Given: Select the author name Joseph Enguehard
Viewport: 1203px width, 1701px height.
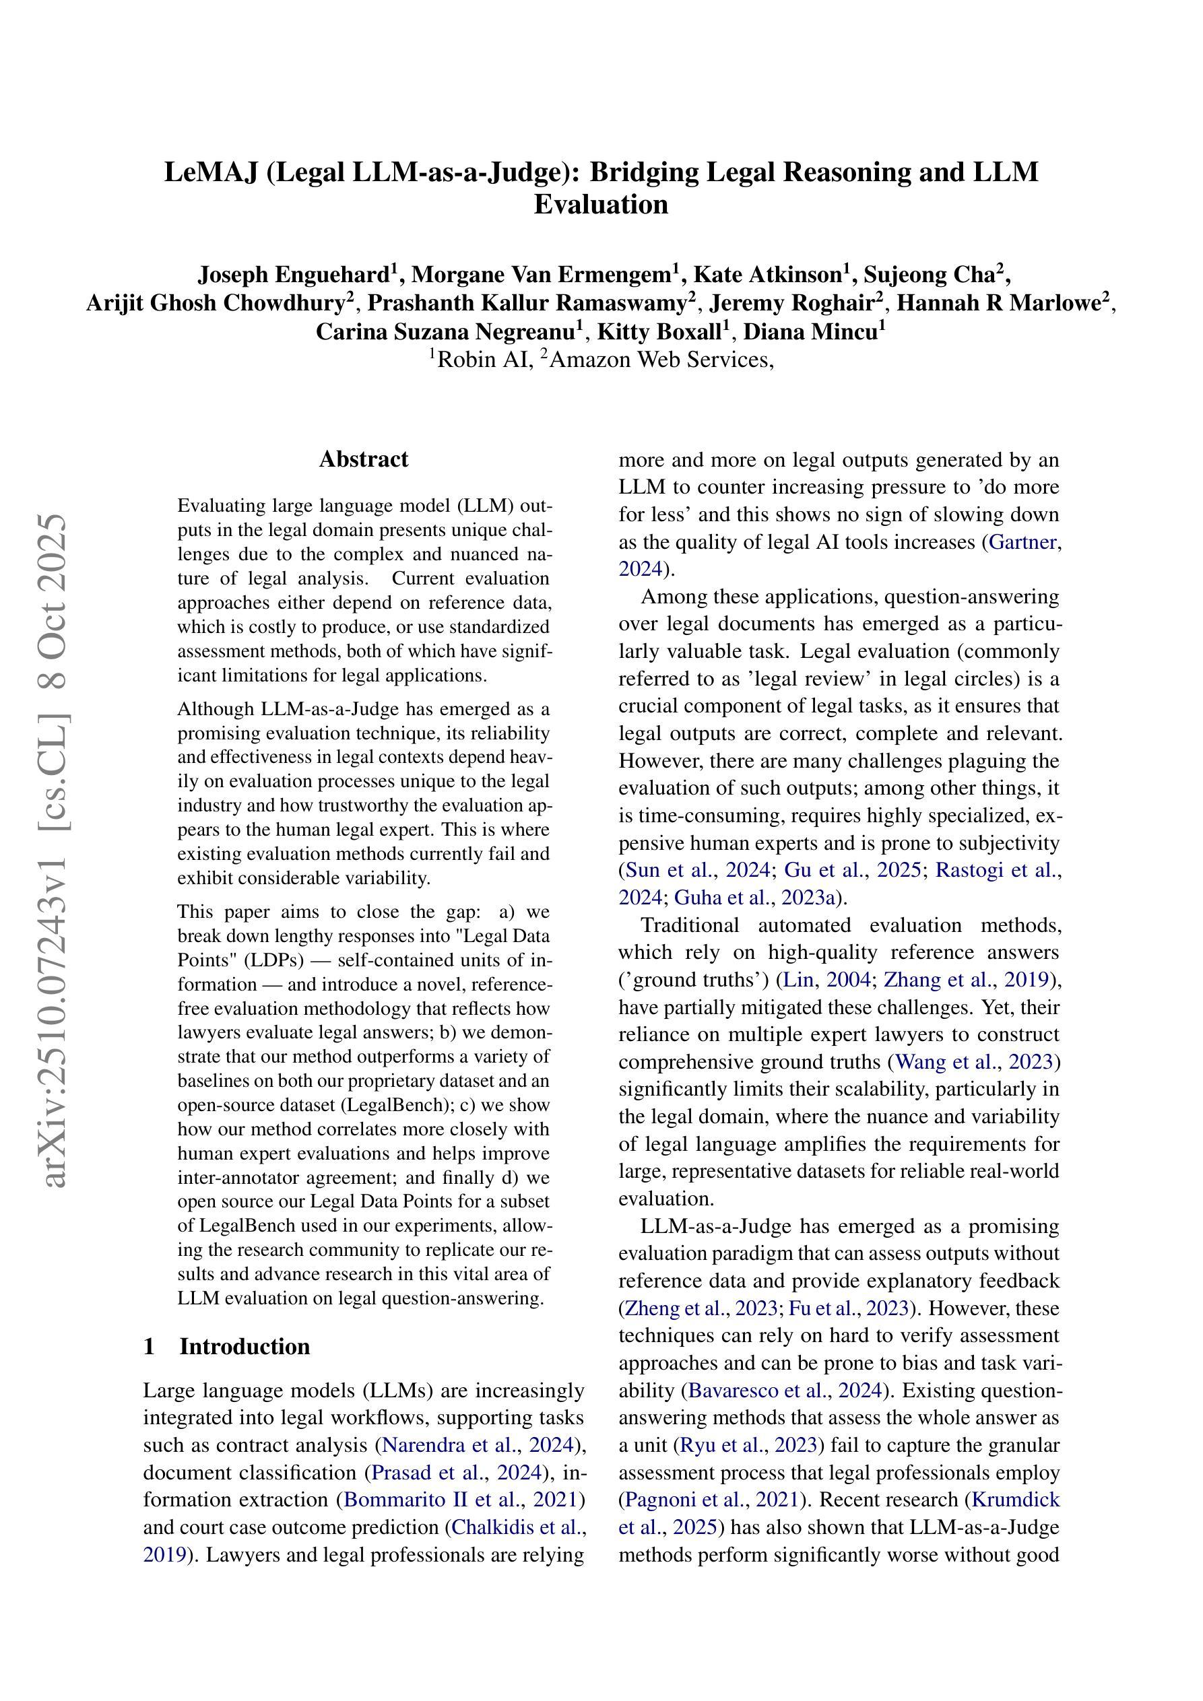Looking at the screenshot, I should point(294,275).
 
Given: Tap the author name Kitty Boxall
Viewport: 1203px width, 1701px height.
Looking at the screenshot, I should point(659,331).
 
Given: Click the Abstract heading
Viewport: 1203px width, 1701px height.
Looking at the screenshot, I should point(363,459).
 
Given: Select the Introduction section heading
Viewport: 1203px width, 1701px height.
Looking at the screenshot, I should point(244,1346).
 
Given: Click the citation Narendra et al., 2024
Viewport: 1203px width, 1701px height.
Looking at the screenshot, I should point(479,1445).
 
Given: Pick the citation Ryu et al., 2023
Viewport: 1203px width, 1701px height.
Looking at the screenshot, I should point(748,1445).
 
